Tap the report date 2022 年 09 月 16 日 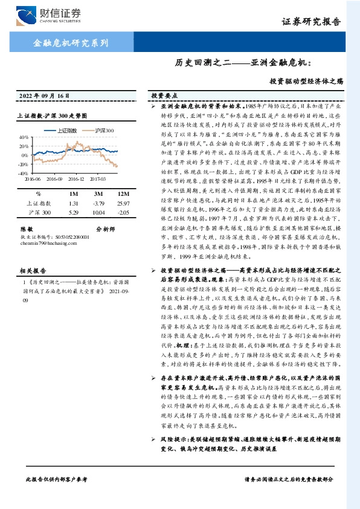pyautogui.click(x=45, y=96)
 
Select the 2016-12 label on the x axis pyautogui.click(x=76, y=179)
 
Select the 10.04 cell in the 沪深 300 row pyautogui.click(x=99, y=213)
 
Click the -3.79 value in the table pyautogui.click(x=99, y=204)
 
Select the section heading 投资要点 pyautogui.click(x=164, y=96)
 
